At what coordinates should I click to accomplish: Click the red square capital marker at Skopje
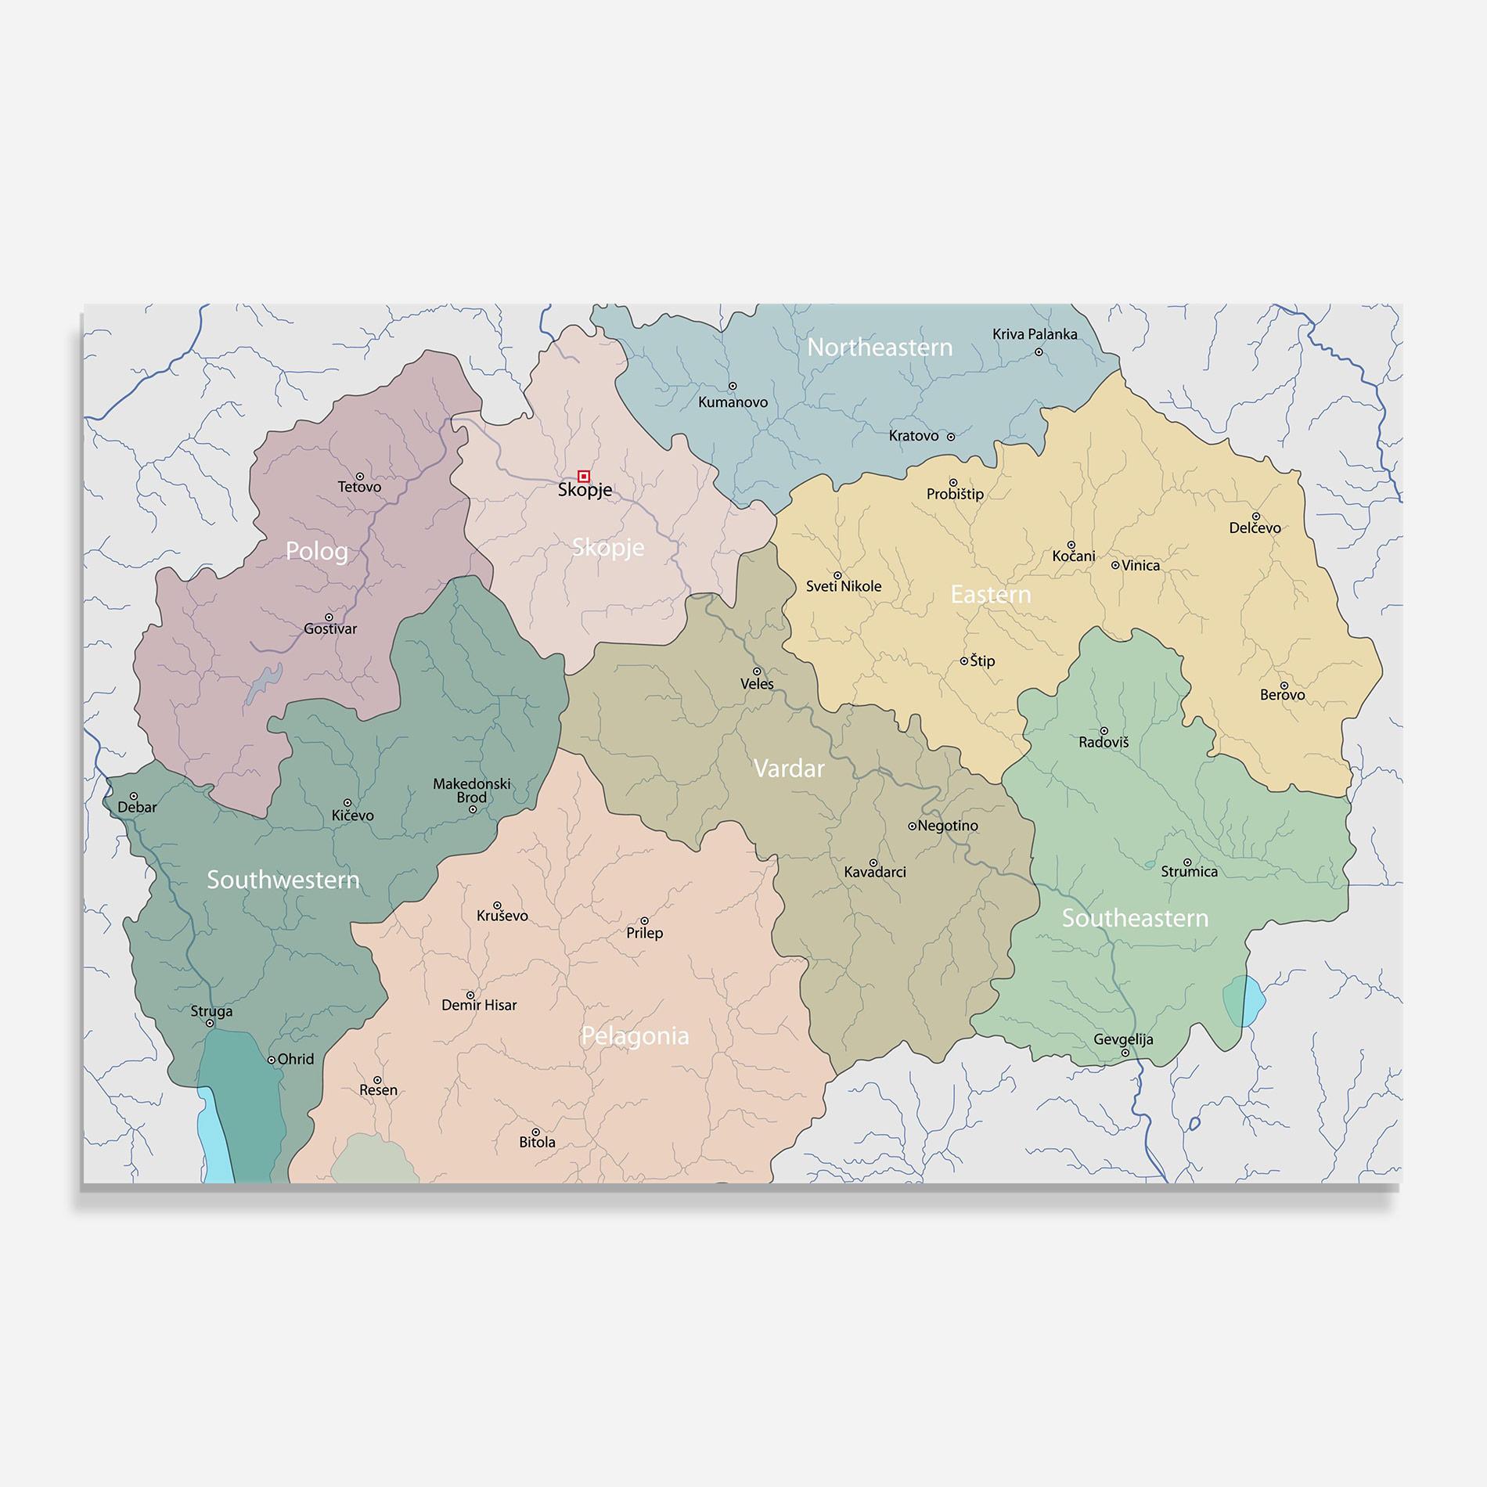(583, 476)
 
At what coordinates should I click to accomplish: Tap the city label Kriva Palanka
(1035, 334)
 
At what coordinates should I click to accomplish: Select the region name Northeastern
(880, 347)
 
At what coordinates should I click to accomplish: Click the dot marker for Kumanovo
(733, 386)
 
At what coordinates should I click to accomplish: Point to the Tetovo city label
(359, 487)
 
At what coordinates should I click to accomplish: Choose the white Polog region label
(316, 551)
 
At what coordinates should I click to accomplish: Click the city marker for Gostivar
(329, 617)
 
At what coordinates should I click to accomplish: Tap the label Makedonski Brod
(472, 790)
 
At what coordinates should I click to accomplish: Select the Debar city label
(137, 808)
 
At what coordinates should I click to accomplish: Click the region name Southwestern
(283, 880)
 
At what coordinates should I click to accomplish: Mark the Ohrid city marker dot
(272, 1060)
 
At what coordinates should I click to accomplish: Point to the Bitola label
(537, 1143)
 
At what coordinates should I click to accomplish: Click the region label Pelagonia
(635, 1036)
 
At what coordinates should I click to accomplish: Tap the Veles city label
(757, 684)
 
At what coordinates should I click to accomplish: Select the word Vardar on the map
(788, 769)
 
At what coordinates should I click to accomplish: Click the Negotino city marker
(912, 826)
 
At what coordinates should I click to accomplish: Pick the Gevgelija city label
(1123, 1039)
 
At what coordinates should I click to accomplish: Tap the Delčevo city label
(1255, 528)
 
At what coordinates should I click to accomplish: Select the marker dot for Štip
(964, 661)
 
